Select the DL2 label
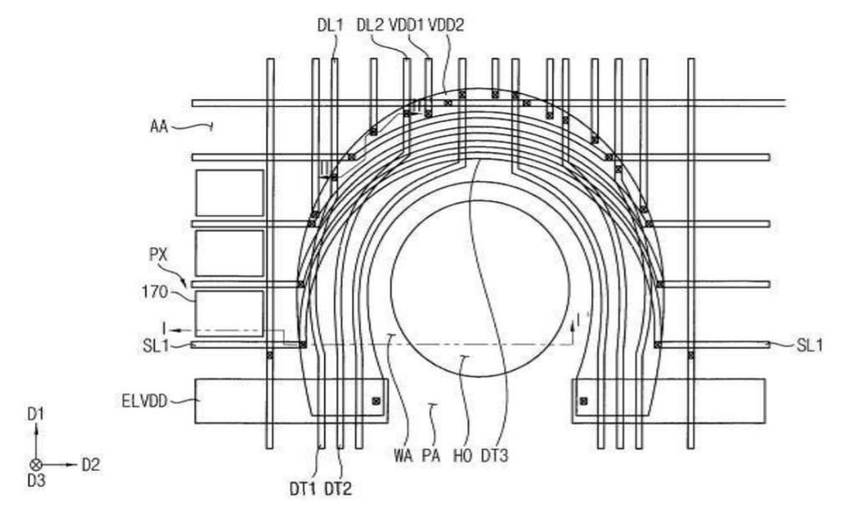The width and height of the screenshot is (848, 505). coord(369,26)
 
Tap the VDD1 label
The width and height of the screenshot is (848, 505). coord(406,26)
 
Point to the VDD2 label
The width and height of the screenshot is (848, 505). coord(446,26)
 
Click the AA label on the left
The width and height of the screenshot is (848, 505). coord(159,127)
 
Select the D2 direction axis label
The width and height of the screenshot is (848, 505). coord(90,465)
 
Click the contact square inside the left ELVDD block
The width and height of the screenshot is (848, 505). coord(376,401)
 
